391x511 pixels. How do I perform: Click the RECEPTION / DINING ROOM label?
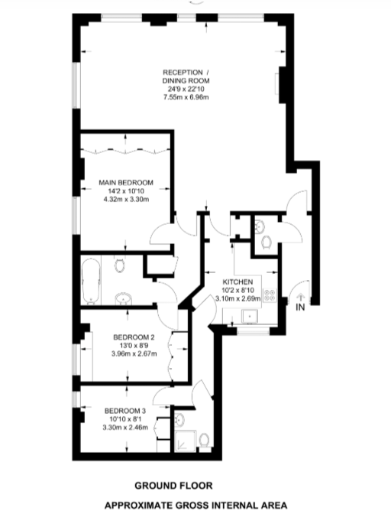[x=186, y=76]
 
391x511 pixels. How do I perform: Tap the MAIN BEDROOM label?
[x=126, y=183]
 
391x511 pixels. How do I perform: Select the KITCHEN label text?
[x=238, y=282]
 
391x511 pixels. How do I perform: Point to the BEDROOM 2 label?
[x=134, y=337]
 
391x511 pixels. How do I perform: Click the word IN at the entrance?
[x=300, y=307]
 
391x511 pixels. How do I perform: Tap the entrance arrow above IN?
[x=301, y=297]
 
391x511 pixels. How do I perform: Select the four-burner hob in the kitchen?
[x=270, y=295]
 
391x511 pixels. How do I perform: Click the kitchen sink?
[x=250, y=316]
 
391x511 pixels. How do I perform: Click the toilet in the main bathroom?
[x=119, y=265]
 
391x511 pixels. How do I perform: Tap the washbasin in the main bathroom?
[x=123, y=298]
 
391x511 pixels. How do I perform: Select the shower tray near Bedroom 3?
[x=186, y=441]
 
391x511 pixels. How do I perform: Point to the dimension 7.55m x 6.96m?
[x=186, y=97]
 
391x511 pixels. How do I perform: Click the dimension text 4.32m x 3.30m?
[x=126, y=199]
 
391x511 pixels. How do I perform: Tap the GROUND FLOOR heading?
[x=173, y=486]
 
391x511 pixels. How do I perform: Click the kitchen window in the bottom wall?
[x=253, y=332]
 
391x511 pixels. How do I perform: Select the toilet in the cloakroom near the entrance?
[x=266, y=242]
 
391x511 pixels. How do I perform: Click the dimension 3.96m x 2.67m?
[x=134, y=353]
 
